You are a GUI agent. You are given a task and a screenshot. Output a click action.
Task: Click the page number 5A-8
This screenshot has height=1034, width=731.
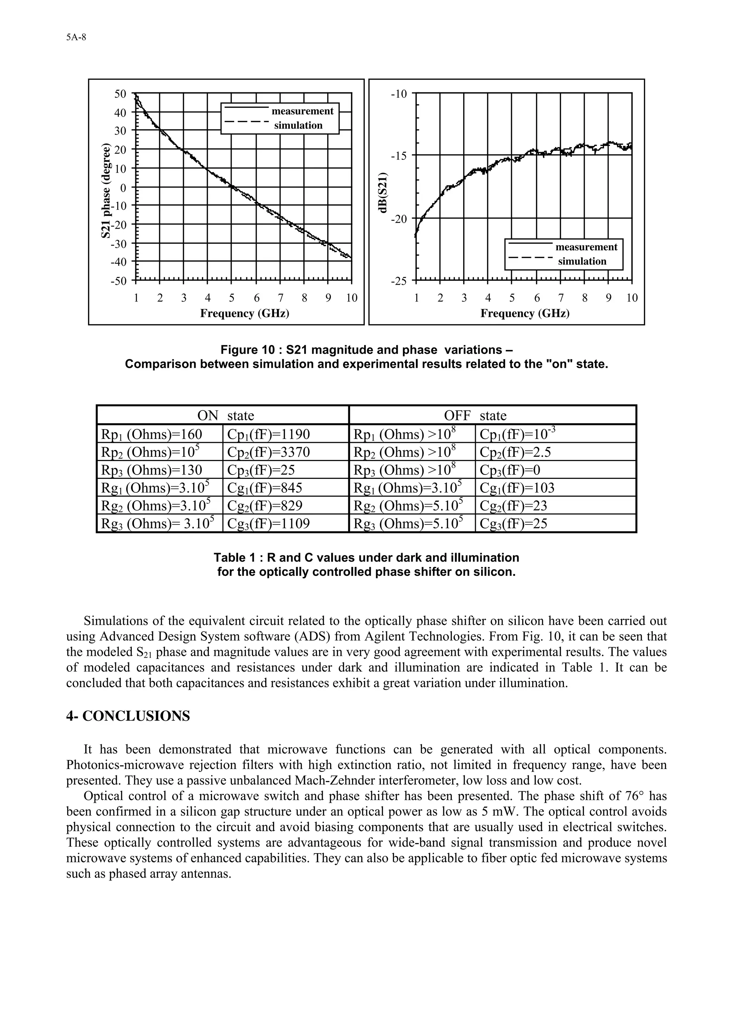point(76,38)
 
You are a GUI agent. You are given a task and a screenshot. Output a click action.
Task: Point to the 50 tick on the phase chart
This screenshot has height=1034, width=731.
point(120,94)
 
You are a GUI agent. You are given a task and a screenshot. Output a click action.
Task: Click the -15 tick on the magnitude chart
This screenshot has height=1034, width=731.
point(399,156)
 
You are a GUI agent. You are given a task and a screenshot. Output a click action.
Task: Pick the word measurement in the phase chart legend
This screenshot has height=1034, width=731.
point(302,111)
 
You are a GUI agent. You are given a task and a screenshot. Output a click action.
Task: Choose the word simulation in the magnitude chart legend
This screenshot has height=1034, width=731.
point(582,261)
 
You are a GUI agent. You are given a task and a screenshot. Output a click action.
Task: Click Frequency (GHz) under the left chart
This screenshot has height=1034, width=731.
point(244,313)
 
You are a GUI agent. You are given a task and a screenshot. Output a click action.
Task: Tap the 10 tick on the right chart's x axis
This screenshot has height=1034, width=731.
point(632,298)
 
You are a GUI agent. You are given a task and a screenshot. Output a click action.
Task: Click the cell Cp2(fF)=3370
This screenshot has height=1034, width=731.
point(268,452)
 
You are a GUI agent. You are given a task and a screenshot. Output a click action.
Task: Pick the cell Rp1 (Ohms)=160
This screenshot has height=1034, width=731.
point(151,434)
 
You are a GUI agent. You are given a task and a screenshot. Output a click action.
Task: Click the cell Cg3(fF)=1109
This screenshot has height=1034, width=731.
point(268,524)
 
